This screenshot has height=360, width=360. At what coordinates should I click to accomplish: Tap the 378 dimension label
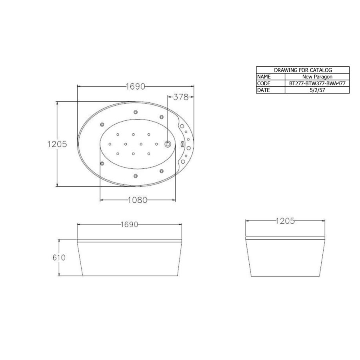point(180,97)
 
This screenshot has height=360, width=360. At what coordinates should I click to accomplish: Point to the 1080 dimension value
point(138,200)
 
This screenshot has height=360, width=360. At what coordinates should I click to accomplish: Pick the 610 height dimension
point(59,258)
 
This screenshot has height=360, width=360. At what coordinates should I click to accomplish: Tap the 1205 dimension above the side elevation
point(285,221)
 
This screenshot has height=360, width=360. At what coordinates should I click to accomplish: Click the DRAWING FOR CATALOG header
point(303,70)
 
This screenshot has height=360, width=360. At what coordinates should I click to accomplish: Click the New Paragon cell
point(317,76)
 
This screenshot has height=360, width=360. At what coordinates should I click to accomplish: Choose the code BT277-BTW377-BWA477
point(317,83)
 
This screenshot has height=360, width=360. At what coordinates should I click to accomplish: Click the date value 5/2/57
point(317,90)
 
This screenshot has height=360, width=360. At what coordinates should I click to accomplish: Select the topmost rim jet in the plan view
point(136,112)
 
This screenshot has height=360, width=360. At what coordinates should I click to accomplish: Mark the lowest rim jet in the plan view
point(136,176)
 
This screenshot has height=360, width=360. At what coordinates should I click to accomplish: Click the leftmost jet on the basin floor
point(110,144)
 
